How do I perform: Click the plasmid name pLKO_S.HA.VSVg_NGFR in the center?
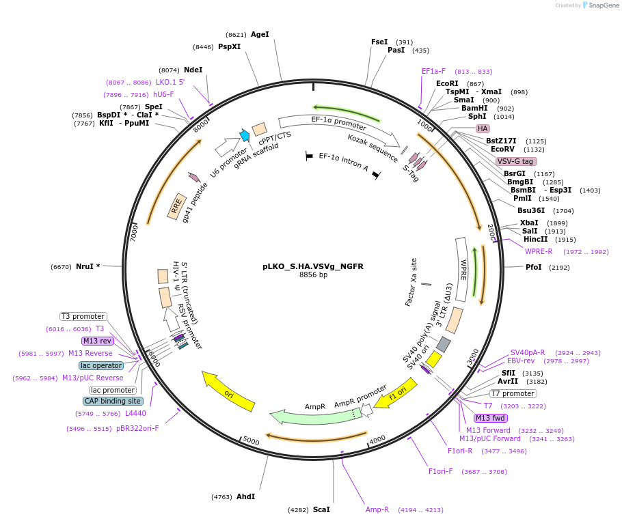(x=313, y=266)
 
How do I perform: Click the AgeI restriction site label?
(x=260, y=34)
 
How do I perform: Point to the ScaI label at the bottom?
(x=321, y=509)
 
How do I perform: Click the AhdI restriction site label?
(x=245, y=496)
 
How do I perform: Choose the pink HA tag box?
(x=483, y=128)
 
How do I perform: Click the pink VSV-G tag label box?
(x=516, y=161)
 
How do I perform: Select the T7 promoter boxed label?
(x=513, y=393)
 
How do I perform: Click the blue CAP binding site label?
(x=113, y=401)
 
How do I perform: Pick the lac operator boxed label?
(x=100, y=365)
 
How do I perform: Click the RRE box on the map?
(x=177, y=206)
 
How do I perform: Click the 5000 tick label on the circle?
(x=251, y=441)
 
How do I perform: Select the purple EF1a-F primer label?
(x=433, y=71)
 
